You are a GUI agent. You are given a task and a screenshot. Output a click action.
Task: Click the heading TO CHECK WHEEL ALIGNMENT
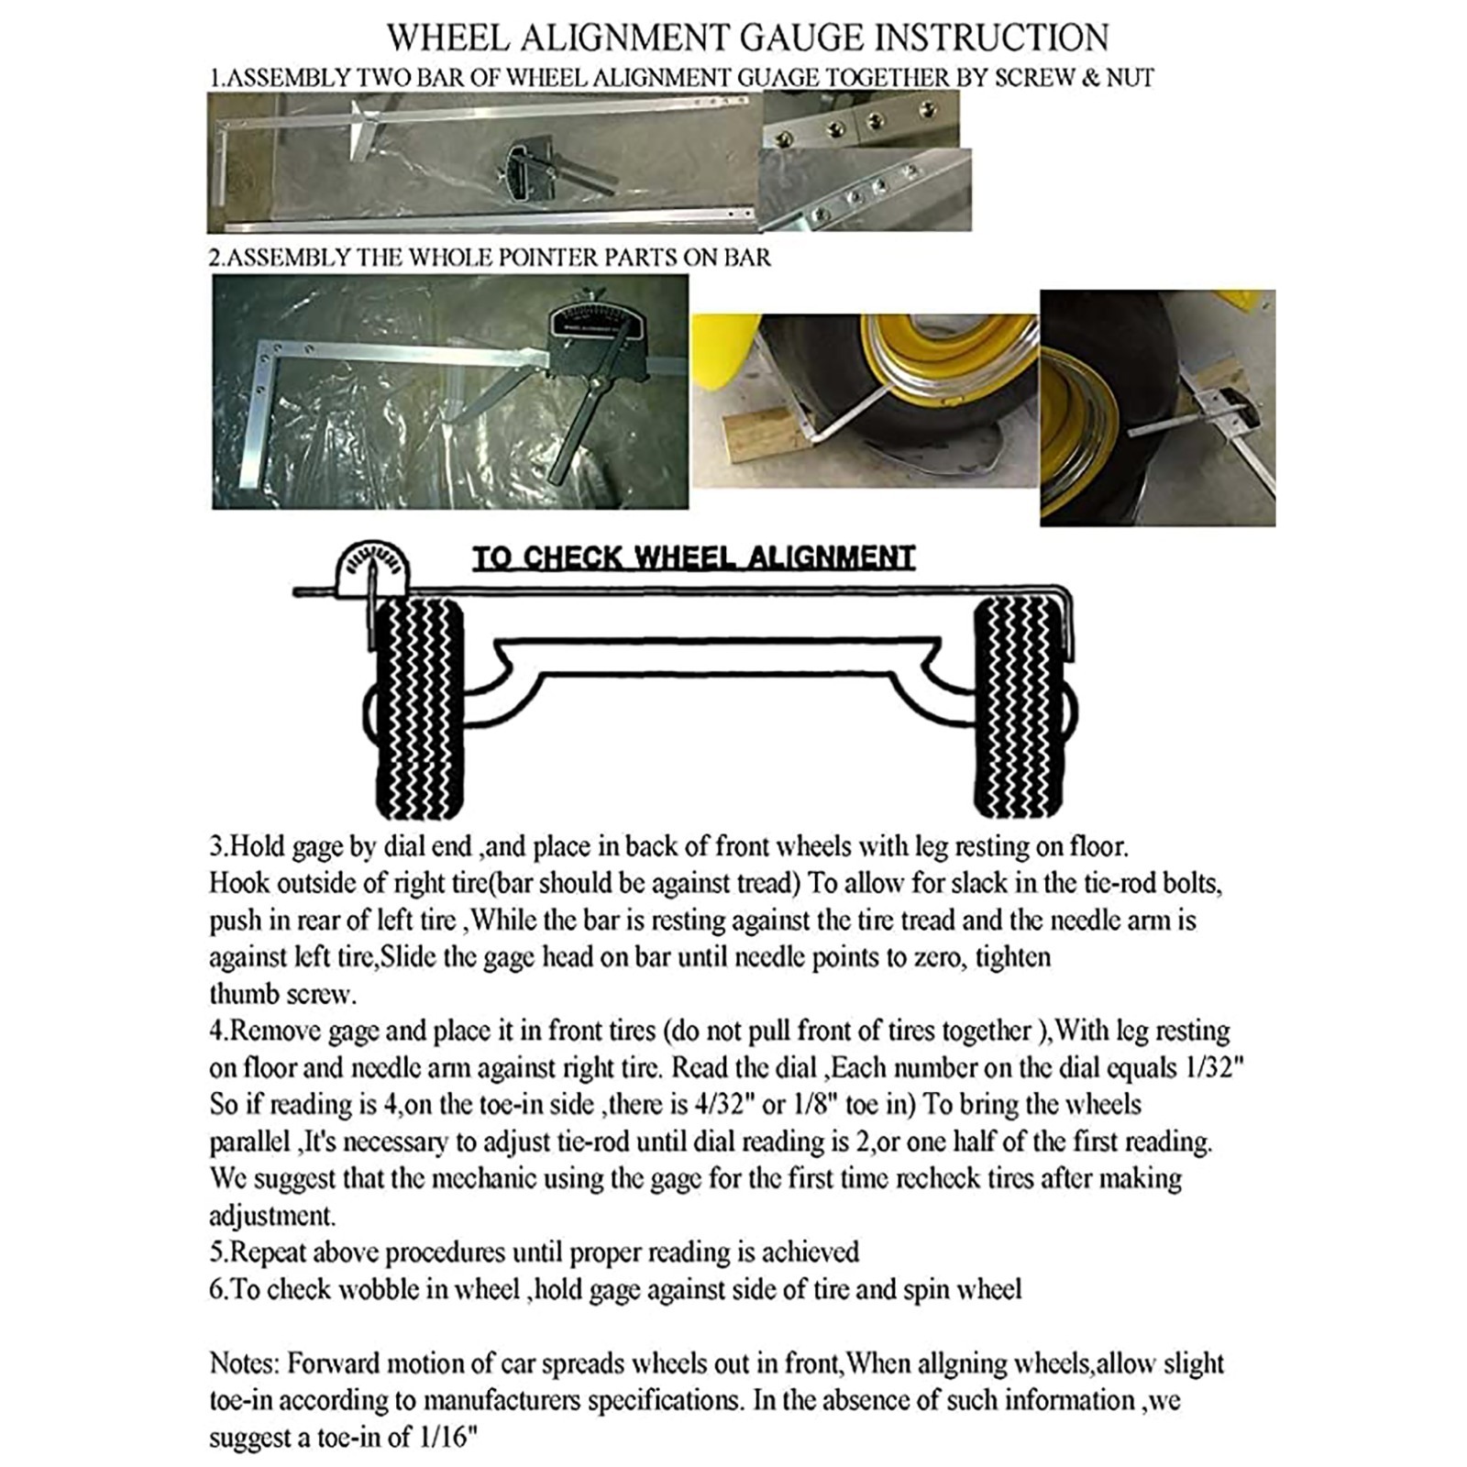click(x=693, y=557)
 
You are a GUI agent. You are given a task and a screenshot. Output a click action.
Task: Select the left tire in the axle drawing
click(x=419, y=706)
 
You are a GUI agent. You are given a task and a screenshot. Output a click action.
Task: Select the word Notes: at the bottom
click(x=242, y=1363)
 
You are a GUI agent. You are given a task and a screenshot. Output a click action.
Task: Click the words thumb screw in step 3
click(x=281, y=994)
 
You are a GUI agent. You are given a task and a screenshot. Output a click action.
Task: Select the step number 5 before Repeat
click(x=216, y=1252)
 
